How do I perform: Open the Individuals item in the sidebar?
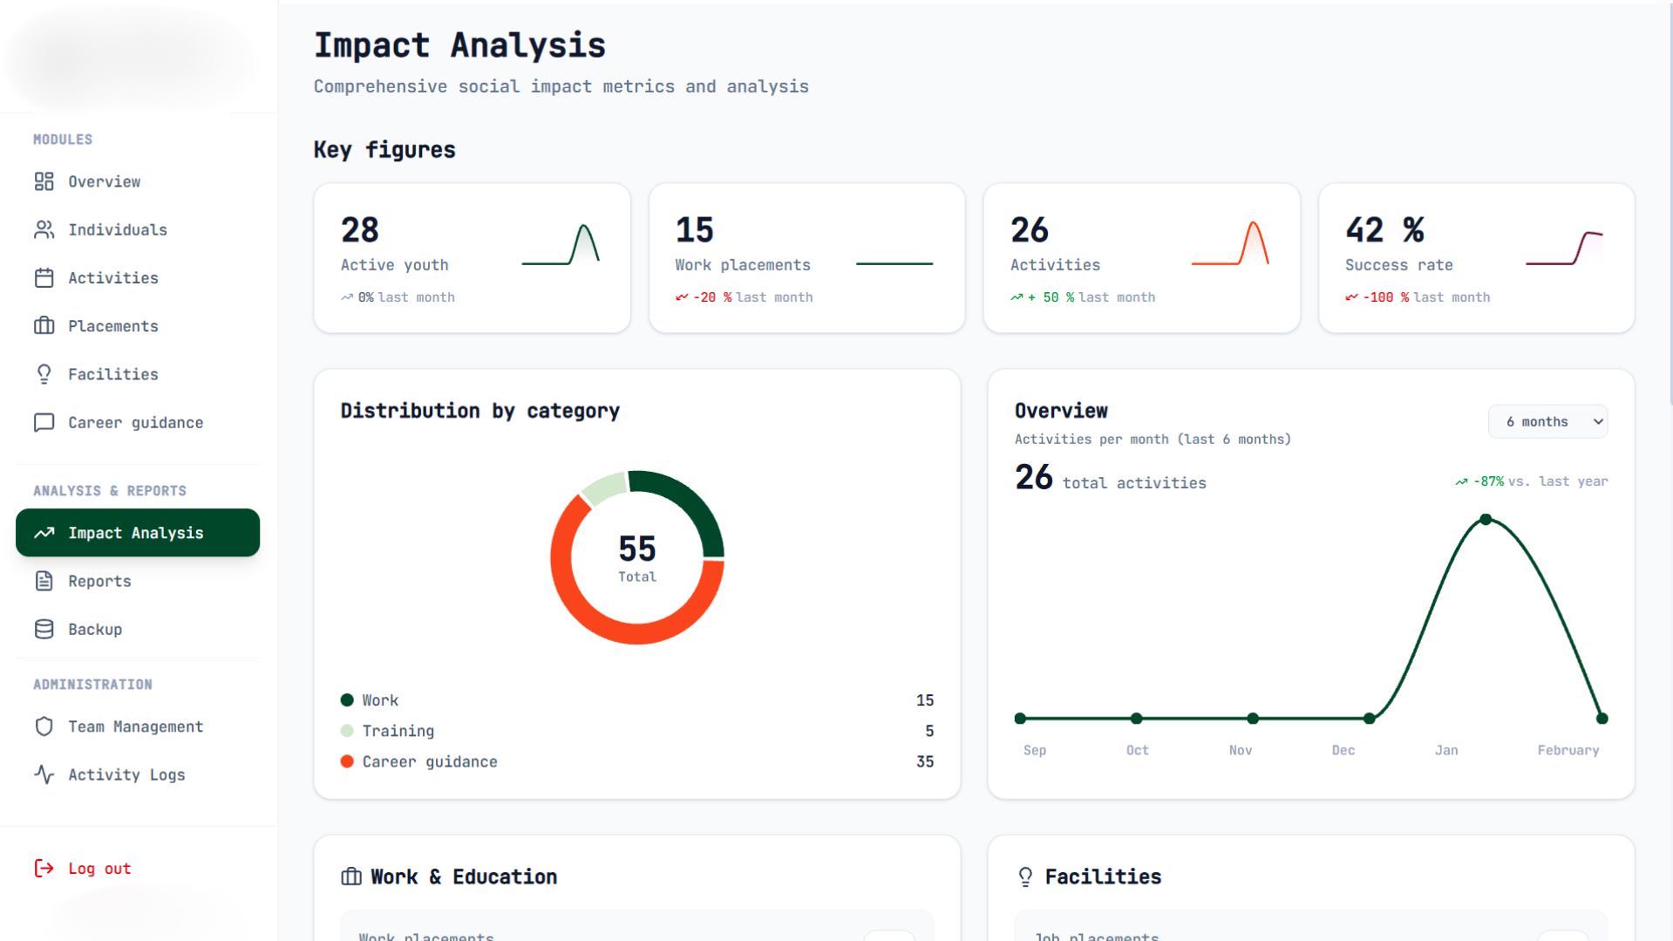(117, 229)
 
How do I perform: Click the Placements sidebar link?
(112, 326)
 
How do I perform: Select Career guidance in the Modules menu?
(135, 423)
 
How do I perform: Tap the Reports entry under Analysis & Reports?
(99, 581)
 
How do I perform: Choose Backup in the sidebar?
(94, 630)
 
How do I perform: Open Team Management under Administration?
(135, 726)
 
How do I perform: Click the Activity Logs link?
(126, 774)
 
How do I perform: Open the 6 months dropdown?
(1547, 422)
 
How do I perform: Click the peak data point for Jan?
(1486, 520)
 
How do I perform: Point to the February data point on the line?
(1602, 719)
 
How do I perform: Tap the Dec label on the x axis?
(1343, 750)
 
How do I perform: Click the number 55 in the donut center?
(636, 549)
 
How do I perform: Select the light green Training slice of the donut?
(604, 488)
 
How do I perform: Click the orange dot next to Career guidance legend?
(347, 761)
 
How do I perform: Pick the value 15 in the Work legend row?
(924, 700)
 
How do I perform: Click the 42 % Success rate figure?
(1384, 231)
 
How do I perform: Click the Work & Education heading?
(463, 876)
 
